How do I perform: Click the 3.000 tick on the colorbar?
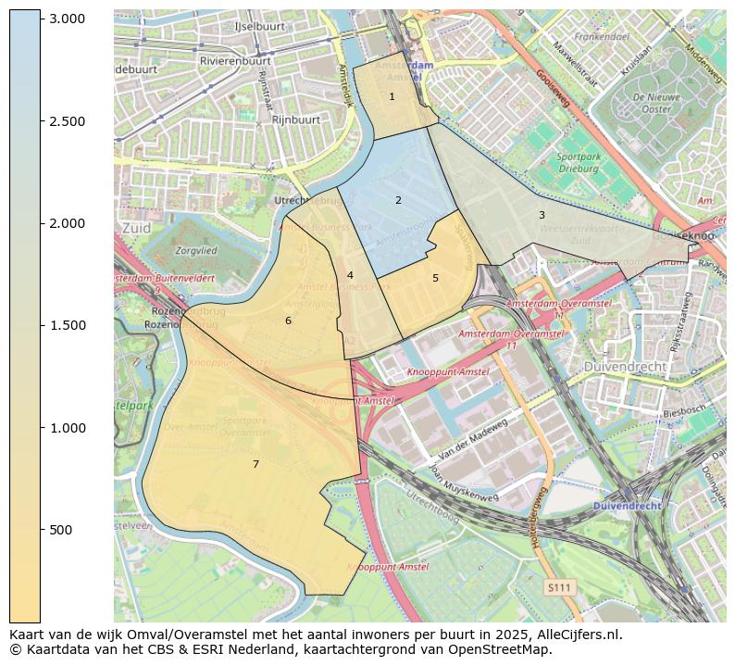coord(67,19)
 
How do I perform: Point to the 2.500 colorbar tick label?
coord(67,121)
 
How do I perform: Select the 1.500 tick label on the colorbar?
coord(67,325)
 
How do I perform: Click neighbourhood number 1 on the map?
coord(392,96)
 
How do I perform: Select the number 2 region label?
coord(398,200)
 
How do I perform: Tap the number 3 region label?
coord(542,215)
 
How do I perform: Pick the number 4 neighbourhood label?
coord(350,275)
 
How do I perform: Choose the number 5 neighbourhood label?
coord(435,278)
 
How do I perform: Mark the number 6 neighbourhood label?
coord(288,320)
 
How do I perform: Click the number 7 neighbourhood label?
coord(255,464)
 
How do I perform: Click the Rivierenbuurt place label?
coord(235,61)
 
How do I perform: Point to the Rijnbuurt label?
coord(296,119)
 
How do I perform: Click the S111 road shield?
coord(558,587)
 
